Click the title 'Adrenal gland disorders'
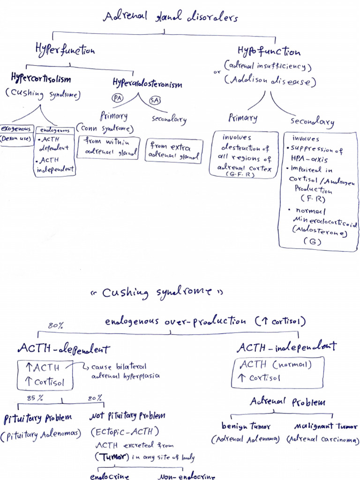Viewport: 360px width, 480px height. (x=171, y=17)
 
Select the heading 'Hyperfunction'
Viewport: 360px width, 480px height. (x=65, y=49)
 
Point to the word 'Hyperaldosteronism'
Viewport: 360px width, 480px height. (x=147, y=83)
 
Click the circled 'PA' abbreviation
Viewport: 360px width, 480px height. (x=118, y=98)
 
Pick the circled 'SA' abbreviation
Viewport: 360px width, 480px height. (x=155, y=100)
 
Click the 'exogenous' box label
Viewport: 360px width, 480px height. (x=16, y=128)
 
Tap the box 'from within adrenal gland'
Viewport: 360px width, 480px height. (x=108, y=146)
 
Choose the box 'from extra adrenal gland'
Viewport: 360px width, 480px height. (x=173, y=150)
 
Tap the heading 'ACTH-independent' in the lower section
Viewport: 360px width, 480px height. (x=286, y=347)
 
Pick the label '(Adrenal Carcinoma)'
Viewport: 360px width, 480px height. (x=322, y=440)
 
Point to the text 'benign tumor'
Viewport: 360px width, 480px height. (x=246, y=426)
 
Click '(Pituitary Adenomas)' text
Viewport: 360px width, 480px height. (x=41, y=436)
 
